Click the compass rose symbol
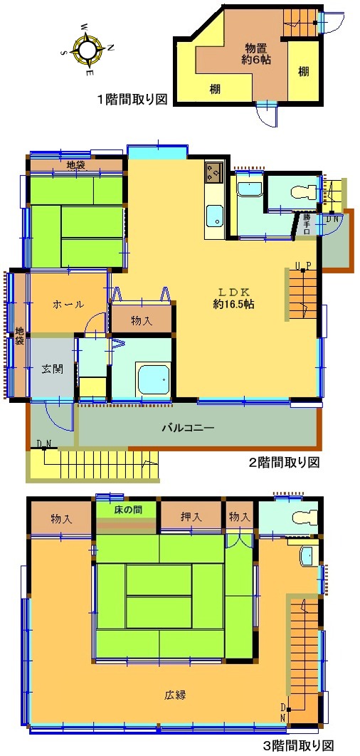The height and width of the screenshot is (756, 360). coord(89,48)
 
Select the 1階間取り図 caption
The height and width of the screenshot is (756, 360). coord(132,100)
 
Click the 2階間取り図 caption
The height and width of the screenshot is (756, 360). coord(284,463)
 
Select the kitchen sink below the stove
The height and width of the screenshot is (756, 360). coord(215,216)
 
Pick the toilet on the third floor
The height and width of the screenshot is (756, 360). coord(305,519)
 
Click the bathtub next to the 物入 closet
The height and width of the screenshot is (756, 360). coord(153,379)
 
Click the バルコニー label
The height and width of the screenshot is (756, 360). coord(187,428)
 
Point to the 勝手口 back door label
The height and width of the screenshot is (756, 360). coord(307,224)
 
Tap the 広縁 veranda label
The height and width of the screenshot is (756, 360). coord(175,695)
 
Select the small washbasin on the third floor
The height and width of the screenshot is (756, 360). coord(307,557)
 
